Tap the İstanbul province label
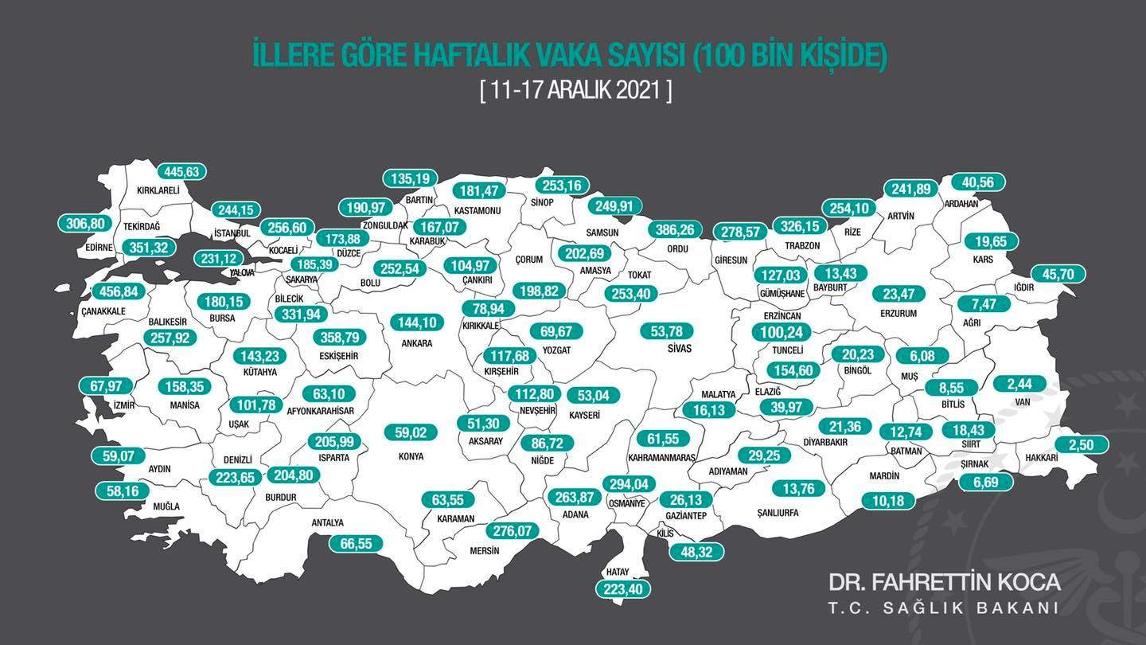point(232,233)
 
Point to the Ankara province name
point(417,344)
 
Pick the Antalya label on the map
point(328,523)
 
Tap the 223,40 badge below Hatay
point(623,589)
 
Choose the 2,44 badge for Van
point(1019,383)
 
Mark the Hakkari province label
point(1042,458)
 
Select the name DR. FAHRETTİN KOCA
point(944,582)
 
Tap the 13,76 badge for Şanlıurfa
point(799,488)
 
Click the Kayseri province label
point(585,415)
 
